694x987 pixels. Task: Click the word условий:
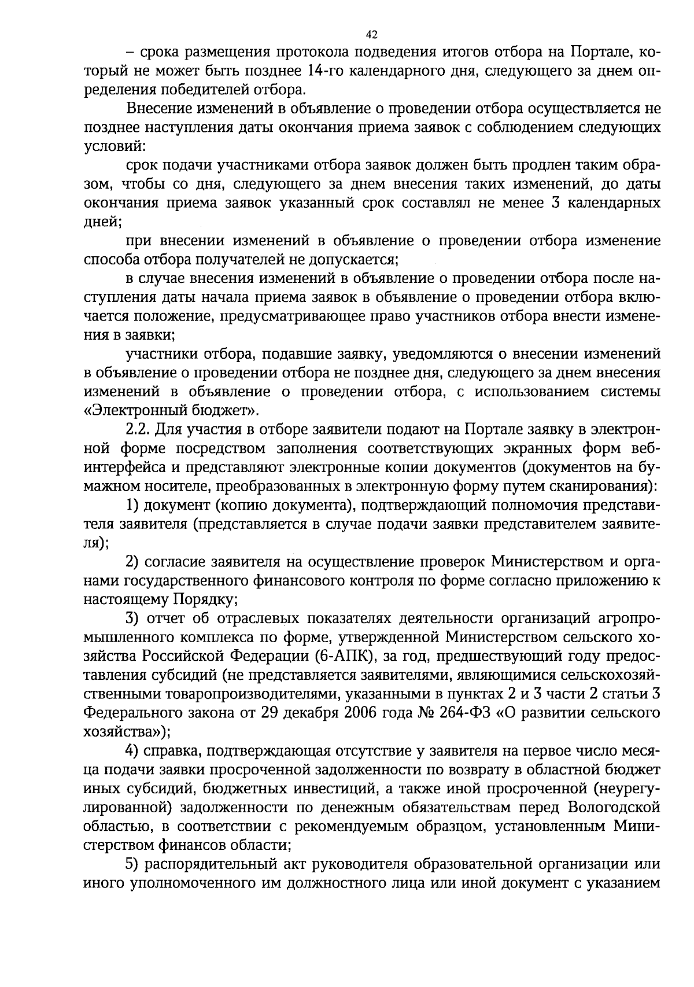tap(111, 146)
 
